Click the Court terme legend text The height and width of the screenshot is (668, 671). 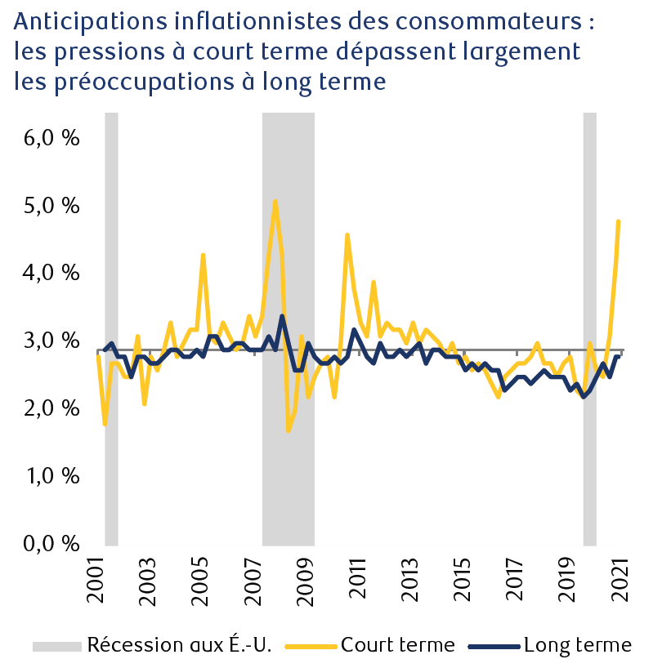[397, 645]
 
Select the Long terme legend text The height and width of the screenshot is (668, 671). [578, 645]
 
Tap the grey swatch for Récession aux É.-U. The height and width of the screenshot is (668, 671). [56, 646]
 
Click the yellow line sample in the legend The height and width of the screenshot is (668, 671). [311, 646]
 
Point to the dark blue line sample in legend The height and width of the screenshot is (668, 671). [494, 646]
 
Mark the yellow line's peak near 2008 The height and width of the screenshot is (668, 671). [275, 201]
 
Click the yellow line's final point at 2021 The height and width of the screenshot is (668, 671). [619, 221]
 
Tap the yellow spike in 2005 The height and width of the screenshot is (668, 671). [203, 255]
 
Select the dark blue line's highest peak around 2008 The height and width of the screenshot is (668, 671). [282, 316]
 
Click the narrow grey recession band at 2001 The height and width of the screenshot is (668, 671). [111, 327]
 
